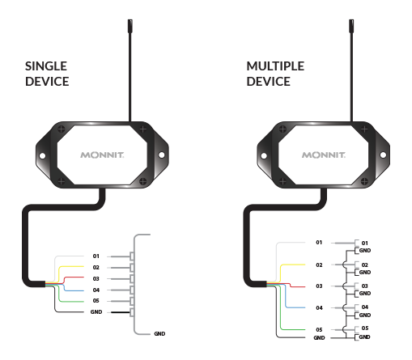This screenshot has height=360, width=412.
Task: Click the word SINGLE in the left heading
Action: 46,66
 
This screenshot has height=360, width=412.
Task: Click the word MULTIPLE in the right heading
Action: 275,66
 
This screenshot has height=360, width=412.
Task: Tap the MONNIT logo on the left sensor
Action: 102,155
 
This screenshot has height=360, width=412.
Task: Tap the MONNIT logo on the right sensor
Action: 324,155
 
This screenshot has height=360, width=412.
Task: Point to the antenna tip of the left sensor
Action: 130,20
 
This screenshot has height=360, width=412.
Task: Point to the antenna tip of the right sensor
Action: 351,20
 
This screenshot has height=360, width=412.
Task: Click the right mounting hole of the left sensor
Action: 161,155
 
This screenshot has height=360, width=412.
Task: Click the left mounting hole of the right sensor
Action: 264,155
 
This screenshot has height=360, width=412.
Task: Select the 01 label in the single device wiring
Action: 96,256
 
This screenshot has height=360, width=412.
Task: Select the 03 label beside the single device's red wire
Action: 96,278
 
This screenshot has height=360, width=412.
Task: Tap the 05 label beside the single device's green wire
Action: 96,301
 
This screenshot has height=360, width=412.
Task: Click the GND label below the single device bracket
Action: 159,334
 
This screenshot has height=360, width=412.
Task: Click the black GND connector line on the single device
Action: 121,312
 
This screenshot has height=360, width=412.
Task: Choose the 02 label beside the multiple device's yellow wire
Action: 319,265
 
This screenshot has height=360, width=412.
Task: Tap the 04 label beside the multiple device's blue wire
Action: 319,308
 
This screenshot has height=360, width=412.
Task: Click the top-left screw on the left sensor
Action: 62,129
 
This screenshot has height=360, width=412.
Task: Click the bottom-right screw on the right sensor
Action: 364,181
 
